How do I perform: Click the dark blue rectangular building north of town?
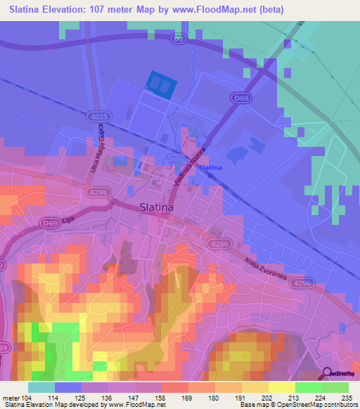coord(161,85)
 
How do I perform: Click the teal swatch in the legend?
coord(41,387)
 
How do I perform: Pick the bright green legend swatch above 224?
coord(309,387)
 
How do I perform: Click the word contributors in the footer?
coord(341,405)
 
